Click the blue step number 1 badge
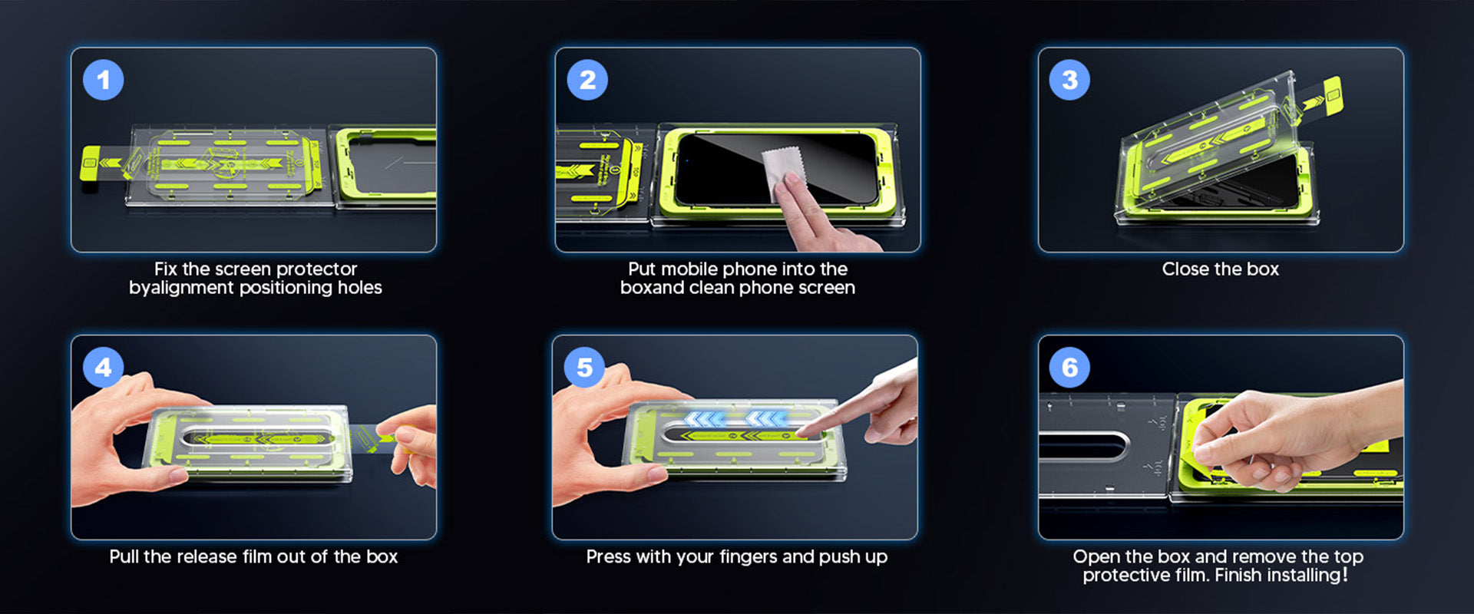point(104,80)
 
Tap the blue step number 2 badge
point(587,80)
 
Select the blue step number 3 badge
point(1069,80)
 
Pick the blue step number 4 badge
point(104,368)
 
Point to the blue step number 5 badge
point(584,368)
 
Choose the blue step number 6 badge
point(1069,368)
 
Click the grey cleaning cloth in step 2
point(783,170)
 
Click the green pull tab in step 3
point(1330,97)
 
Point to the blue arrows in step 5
point(735,418)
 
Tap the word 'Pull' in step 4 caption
point(124,556)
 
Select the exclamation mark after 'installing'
point(1345,574)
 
